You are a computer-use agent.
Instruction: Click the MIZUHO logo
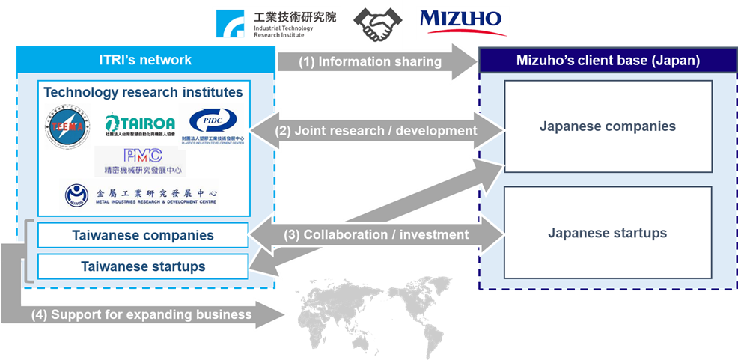coord(463,22)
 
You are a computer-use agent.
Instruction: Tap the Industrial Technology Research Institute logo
coord(276,23)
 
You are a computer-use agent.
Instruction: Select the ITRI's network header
coord(145,60)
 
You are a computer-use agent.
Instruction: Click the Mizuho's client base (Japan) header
coord(607,61)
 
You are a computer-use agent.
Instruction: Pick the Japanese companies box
coord(607,126)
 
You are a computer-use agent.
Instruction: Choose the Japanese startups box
coord(607,233)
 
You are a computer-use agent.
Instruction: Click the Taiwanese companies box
coord(143,235)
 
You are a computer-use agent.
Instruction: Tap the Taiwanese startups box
coord(143,266)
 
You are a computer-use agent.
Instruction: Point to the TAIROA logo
coord(140,125)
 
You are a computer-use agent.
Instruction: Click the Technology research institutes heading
coord(143,92)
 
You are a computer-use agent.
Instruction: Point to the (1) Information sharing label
coord(370,61)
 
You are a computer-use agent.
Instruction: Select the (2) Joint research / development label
coord(376,130)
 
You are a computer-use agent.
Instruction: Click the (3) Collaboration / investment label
coord(376,234)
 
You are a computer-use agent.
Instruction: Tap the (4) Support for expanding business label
coord(141,314)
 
